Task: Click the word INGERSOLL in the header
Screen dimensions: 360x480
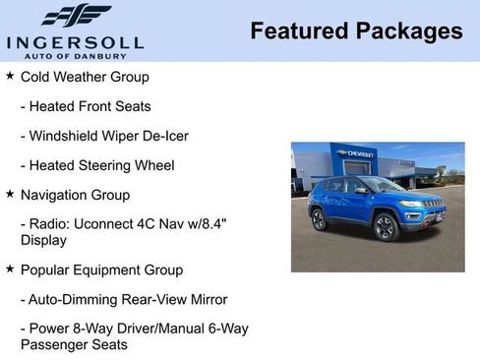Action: (75, 42)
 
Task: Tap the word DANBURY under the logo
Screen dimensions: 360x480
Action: (111, 55)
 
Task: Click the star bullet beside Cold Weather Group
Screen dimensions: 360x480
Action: (10, 76)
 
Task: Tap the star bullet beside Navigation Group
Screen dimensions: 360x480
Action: (10, 194)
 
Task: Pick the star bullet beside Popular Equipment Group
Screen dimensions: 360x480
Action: (10, 269)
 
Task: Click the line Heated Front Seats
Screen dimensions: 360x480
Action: (86, 105)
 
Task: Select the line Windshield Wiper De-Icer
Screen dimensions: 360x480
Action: (104, 135)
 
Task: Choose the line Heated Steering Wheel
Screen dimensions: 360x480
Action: (97, 164)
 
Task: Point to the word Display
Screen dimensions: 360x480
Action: (44, 239)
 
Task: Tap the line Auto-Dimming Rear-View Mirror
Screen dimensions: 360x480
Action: (124, 298)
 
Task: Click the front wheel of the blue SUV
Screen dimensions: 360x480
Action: (386, 227)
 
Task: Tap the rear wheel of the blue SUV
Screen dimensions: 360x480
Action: (319, 219)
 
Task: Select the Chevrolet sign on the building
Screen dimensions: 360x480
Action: (356, 153)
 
